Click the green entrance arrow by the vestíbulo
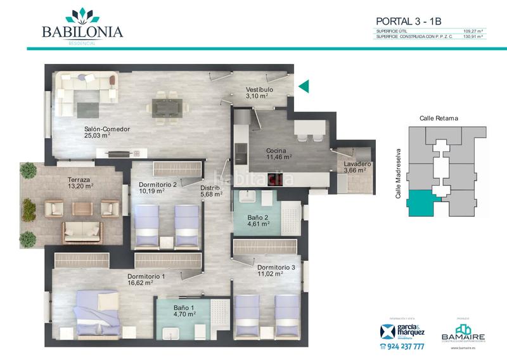pos(304,87)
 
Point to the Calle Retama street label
pos(439,119)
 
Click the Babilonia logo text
pos(82,32)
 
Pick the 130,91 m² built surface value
pos(473,37)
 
